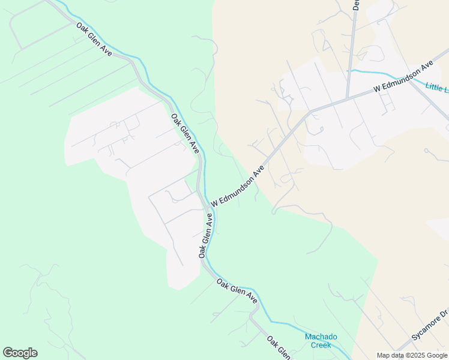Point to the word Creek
pos(321,345)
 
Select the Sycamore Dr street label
pos(430,326)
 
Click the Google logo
pos(20,353)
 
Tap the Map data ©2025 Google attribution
pos(412,355)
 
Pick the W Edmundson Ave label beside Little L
pos(403,76)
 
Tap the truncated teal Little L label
pos(437,88)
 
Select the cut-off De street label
pos(356,5)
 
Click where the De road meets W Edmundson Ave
pos(348,97)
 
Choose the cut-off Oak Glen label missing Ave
pos(278,347)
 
